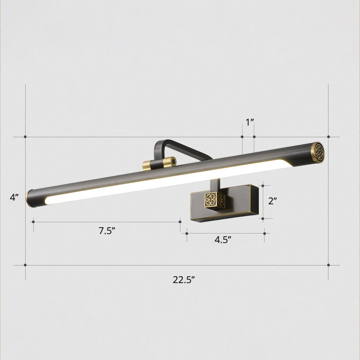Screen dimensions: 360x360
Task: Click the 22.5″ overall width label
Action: [x=184, y=279]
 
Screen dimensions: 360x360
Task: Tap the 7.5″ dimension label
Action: [x=108, y=231]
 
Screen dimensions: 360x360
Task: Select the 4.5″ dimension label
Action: [x=222, y=239]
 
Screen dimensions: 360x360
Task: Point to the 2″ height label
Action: [x=272, y=201]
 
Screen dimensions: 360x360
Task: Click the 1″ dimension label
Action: [x=250, y=122]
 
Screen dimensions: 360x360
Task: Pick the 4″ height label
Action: [x=15, y=197]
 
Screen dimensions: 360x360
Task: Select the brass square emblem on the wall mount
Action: [x=211, y=199]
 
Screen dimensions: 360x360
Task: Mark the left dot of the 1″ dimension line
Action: [x=242, y=136]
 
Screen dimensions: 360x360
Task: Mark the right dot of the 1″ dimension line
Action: [x=254, y=136]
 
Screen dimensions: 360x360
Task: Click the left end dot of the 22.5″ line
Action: [x=26, y=265]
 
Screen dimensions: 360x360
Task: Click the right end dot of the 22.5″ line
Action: [x=328, y=265]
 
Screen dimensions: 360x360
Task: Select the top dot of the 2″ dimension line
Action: [x=262, y=185]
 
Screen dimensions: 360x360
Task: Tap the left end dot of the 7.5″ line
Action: [x=33, y=221]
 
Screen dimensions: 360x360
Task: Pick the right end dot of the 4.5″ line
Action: [x=265, y=233]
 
